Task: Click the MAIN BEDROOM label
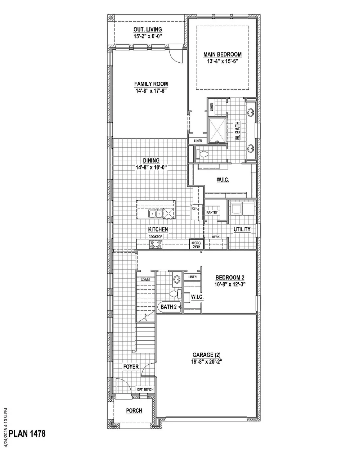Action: point(222,54)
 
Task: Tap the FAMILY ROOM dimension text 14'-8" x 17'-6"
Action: point(151,91)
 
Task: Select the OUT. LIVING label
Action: point(148,30)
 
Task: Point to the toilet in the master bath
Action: point(202,154)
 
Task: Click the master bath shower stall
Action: point(217,131)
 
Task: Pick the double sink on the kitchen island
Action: point(156,214)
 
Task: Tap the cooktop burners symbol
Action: point(156,244)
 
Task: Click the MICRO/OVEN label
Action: point(196,245)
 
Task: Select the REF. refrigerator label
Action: point(194,208)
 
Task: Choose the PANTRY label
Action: point(212,212)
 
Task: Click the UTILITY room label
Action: point(242,229)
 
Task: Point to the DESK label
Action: point(216,237)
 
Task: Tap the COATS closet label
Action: point(145,280)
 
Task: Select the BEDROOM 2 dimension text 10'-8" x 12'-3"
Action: point(230,284)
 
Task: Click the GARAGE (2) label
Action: point(206,355)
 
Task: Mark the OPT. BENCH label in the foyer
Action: point(145,390)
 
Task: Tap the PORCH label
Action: point(134,411)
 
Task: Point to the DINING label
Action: point(151,161)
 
